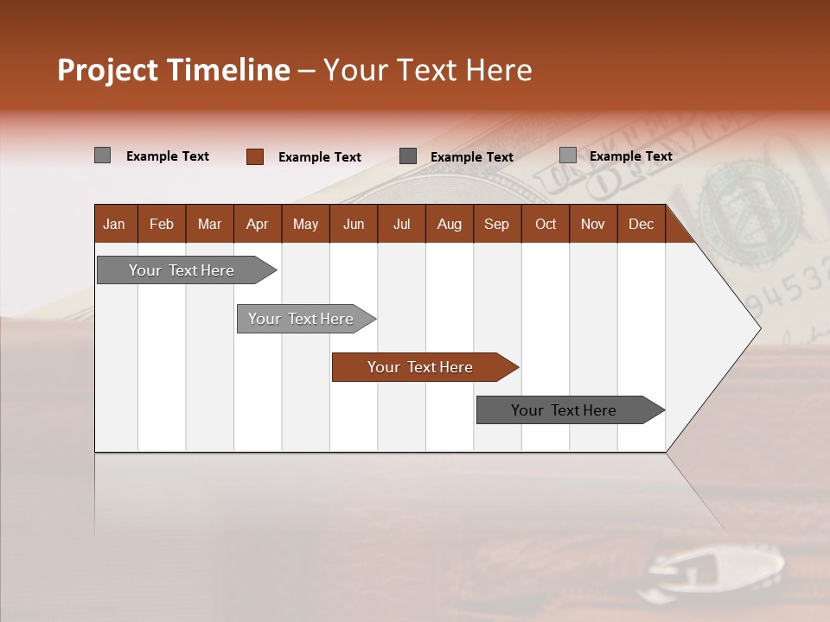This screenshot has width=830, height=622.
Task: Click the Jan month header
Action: (x=114, y=224)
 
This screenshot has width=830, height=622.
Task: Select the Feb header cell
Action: (x=162, y=224)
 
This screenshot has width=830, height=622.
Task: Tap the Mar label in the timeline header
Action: (x=209, y=224)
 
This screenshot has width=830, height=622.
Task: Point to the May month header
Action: (x=305, y=224)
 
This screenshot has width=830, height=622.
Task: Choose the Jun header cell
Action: (x=354, y=224)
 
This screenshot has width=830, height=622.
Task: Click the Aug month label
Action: (x=449, y=224)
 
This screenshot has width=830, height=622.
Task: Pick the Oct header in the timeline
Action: (x=546, y=224)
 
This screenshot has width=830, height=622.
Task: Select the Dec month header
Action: (x=641, y=224)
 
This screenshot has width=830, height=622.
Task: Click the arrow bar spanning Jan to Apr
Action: (x=182, y=270)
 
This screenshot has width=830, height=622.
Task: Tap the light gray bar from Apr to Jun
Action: (x=302, y=319)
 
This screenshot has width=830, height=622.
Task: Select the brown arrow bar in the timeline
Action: (x=421, y=367)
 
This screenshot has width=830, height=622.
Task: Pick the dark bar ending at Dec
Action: (x=565, y=410)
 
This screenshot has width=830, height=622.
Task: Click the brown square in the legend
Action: (x=255, y=156)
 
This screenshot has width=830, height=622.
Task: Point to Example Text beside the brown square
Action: (x=319, y=156)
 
